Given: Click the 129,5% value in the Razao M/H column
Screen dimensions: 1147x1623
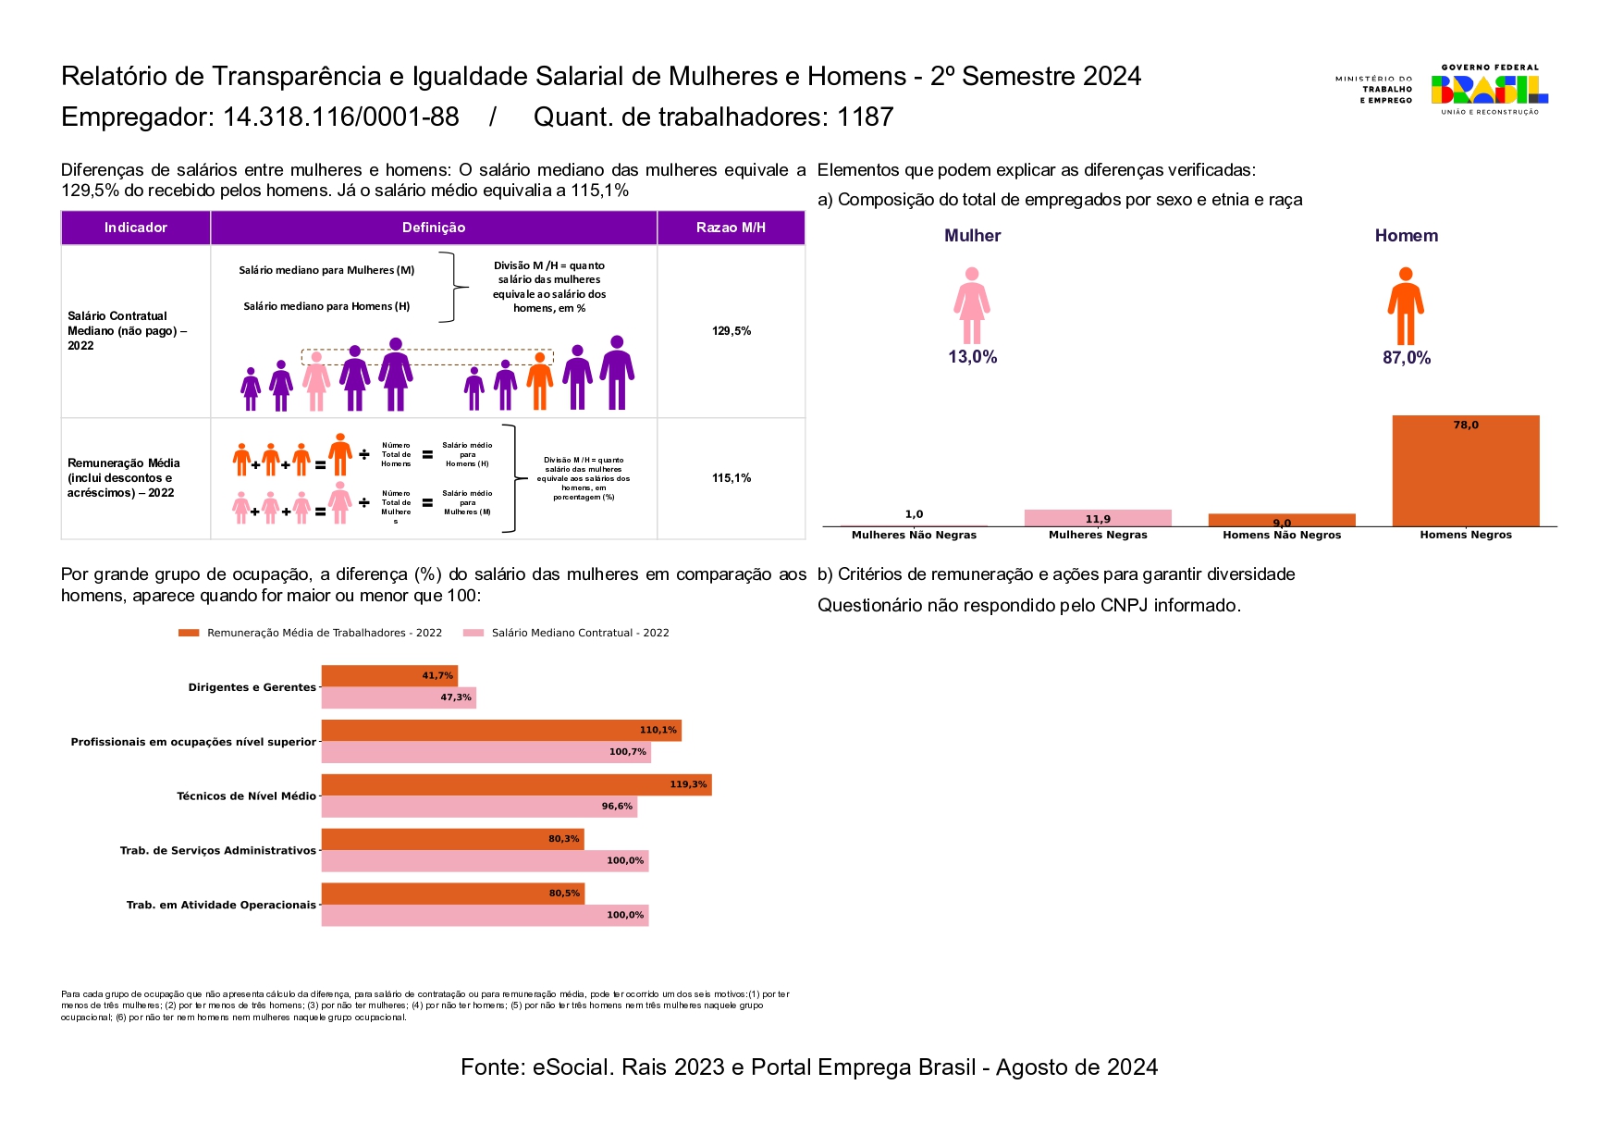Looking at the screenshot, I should (x=731, y=331).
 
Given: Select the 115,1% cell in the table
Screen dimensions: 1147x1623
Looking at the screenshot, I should (x=731, y=478).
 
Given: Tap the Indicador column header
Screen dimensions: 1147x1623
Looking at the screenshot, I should (x=136, y=228).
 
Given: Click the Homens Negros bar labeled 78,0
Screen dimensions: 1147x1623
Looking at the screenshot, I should (x=1465, y=472).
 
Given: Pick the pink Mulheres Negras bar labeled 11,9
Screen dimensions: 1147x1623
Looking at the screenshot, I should (x=1098, y=518).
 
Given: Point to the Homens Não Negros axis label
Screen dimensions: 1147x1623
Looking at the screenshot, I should (x=1281, y=536).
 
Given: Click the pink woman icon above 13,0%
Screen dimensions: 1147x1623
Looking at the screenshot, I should (x=971, y=306).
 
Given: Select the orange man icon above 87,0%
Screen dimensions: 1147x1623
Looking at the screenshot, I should (x=1405, y=306).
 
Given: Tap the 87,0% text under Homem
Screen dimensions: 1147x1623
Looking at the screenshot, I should (x=1406, y=358).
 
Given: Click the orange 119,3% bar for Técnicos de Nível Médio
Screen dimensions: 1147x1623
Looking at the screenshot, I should (x=516, y=785).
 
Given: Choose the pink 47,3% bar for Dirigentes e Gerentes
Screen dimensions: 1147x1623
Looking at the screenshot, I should (x=398, y=698).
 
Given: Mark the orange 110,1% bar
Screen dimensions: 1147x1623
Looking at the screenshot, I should (x=500, y=731).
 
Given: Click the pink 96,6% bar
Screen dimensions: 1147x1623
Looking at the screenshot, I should (x=478, y=807).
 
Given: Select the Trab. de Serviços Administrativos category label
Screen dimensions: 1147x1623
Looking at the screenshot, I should (x=218, y=851).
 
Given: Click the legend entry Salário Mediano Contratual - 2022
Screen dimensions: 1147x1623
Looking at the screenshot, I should (x=580, y=634).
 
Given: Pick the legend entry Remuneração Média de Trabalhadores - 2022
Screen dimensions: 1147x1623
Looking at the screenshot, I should (x=324, y=634).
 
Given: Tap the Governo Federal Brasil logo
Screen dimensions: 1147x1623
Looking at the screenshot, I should (x=1489, y=90).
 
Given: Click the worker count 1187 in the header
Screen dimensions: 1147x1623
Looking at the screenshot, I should (x=865, y=117).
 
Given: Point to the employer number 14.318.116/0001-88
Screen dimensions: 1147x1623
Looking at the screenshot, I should (x=341, y=117).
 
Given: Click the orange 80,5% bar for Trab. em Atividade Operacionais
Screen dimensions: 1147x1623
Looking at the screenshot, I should (x=452, y=894).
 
